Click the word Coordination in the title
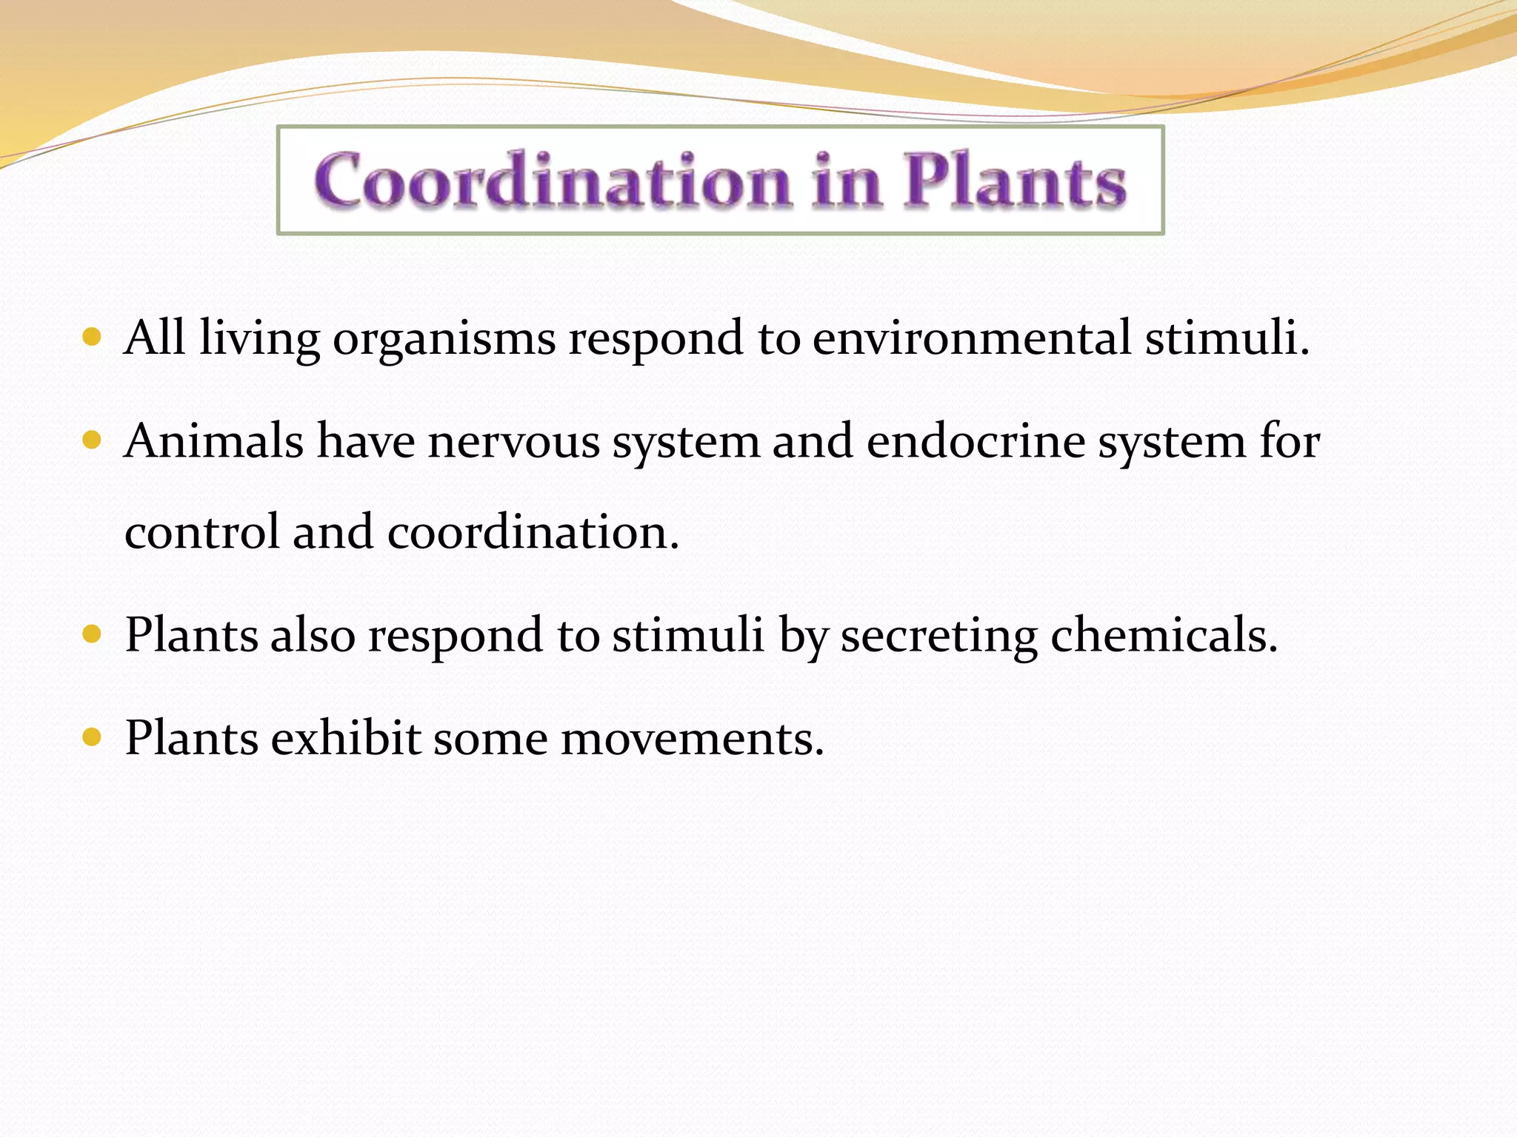coord(553,181)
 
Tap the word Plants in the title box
coord(1015,181)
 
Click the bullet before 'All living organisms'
coord(92,338)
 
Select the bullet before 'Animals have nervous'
coord(92,441)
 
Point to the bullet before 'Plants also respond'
coord(92,634)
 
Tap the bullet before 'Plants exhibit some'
coord(92,737)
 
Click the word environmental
coord(972,338)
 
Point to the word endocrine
coord(976,441)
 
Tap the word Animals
coord(214,441)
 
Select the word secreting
coord(938,637)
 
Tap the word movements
coord(692,739)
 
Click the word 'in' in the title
coord(847,181)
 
